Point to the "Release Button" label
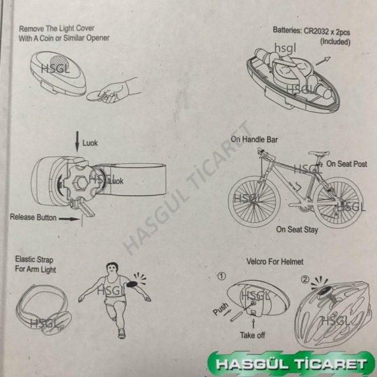pyautogui.click(x=32, y=218)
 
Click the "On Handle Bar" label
pyautogui.click(x=254, y=139)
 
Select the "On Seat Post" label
pyautogui.click(x=346, y=164)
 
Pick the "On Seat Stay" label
pyautogui.click(x=298, y=228)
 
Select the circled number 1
pyautogui.click(x=221, y=277)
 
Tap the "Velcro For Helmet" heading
pyautogui.click(x=274, y=262)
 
